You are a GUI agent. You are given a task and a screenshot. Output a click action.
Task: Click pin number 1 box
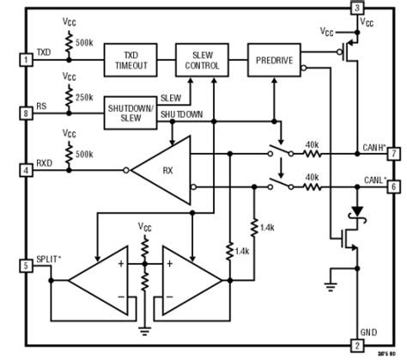pyautogui.click(x=26, y=60)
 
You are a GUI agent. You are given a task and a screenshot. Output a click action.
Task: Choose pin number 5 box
pyautogui.click(x=26, y=266)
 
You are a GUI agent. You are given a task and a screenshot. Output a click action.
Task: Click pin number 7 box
pyautogui.click(x=393, y=154)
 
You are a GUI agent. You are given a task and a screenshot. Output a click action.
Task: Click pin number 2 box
pyautogui.click(x=356, y=345)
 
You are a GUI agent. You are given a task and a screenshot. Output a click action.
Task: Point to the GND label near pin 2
pyautogui.click(x=370, y=331)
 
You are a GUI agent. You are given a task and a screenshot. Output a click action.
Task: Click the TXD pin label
pyautogui.click(x=44, y=52)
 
